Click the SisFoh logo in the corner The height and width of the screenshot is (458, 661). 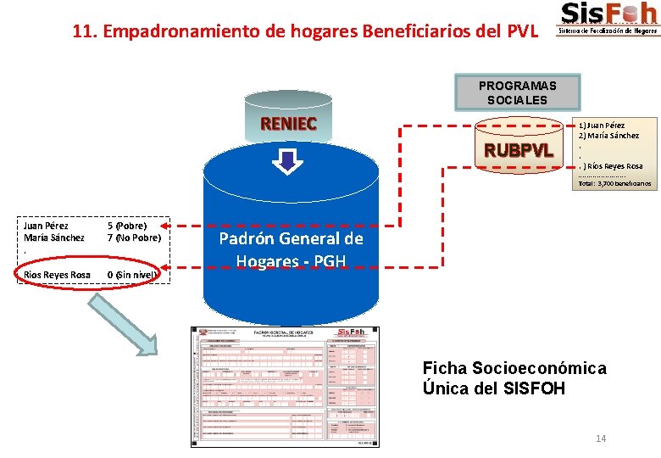[608, 19]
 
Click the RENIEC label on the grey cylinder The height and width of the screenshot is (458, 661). [288, 124]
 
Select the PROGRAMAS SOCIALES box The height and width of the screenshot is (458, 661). [517, 92]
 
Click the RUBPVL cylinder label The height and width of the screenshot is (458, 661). [518, 151]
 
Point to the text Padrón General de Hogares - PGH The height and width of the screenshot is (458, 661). [291, 249]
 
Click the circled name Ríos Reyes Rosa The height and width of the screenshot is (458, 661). [58, 274]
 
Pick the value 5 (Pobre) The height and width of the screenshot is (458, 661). [127, 226]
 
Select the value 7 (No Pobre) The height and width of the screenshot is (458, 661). [134, 237]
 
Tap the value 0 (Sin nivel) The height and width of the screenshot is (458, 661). [133, 274]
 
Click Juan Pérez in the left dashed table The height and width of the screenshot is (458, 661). [47, 226]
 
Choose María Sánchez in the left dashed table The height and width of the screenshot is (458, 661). [54, 237]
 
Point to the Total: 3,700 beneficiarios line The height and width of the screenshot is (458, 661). [614, 182]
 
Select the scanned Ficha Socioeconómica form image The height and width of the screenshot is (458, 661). [285, 386]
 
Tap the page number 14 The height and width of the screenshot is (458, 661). [601, 438]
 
